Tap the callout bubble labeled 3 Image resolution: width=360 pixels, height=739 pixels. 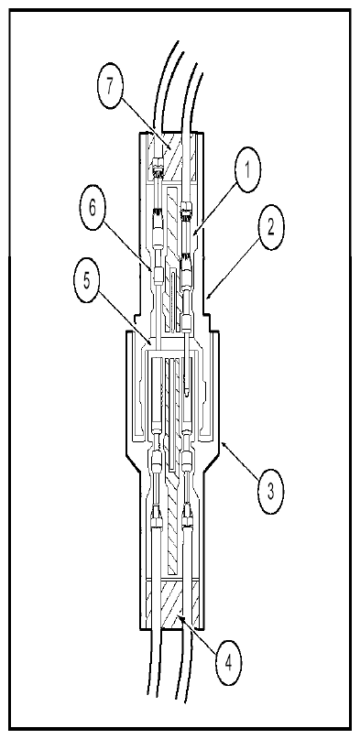pyautogui.click(x=269, y=491)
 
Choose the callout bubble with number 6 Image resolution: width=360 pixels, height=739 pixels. pyautogui.click(x=93, y=209)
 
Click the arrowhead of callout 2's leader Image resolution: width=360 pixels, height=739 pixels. pyautogui.click(x=208, y=297)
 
